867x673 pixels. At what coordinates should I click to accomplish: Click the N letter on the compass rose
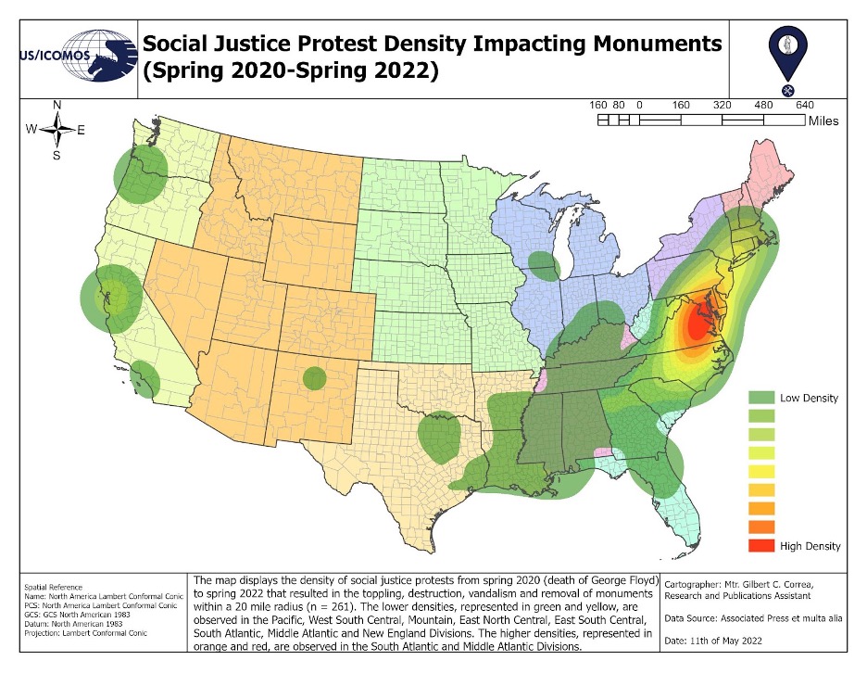pos(57,105)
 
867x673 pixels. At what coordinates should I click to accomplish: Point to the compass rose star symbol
pos(57,130)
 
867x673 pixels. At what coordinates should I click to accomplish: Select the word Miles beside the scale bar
pos(823,121)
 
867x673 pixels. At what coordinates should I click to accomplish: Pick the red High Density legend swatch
pos(760,546)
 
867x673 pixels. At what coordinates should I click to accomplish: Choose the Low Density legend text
pos(809,398)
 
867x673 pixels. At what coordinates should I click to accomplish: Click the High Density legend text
pos(810,546)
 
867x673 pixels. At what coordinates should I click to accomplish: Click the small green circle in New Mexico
pos(315,378)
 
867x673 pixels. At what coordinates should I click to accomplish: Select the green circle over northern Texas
pos(439,438)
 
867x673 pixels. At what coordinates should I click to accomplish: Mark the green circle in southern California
pos(144,378)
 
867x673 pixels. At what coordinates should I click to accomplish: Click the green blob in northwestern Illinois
pos(544,266)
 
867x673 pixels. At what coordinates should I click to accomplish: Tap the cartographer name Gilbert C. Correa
pos(773,586)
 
